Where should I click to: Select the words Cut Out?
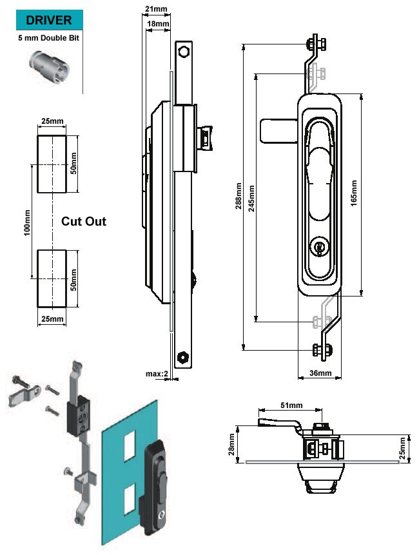click(x=84, y=221)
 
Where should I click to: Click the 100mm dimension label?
click(x=27, y=221)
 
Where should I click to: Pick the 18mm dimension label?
click(x=159, y=24)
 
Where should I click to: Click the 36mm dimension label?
click(x=320, y=373)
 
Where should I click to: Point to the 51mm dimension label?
click(x=290, y=405)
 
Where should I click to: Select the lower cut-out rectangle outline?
click(x=52, y=278)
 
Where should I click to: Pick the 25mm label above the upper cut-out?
click(x=52, y=121)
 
